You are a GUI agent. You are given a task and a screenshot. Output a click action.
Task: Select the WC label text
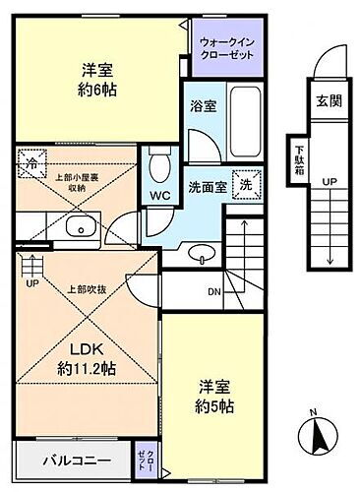[160, 195]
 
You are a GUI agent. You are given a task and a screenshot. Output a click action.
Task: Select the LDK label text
[86, 350]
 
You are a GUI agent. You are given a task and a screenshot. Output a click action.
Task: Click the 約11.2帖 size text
[87, 371]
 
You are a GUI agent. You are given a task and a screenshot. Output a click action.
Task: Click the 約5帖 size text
[212, 404]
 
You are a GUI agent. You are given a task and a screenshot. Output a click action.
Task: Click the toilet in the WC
[160, 165]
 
